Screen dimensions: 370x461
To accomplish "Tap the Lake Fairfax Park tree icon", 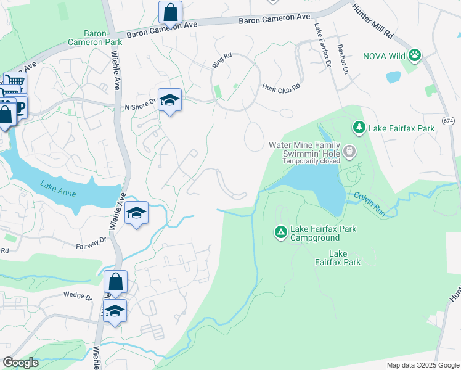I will [359, 128].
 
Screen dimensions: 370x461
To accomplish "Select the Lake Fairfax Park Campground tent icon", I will [280, 232].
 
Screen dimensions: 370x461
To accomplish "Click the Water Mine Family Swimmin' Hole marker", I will [349, 151].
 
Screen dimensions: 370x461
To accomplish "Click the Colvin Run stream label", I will [369, 204].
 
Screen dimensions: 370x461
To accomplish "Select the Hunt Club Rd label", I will [280, 87].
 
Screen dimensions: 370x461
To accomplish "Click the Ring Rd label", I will [221, 64].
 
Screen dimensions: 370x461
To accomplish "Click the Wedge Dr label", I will [77, 295].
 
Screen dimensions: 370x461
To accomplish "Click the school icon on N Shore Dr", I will [169, 100].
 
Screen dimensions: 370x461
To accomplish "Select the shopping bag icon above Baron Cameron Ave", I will [169, 11].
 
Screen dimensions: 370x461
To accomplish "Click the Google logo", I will [21, 363].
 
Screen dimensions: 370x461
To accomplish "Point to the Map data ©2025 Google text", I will [422, 365].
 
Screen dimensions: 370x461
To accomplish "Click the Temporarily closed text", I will [311, 161].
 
